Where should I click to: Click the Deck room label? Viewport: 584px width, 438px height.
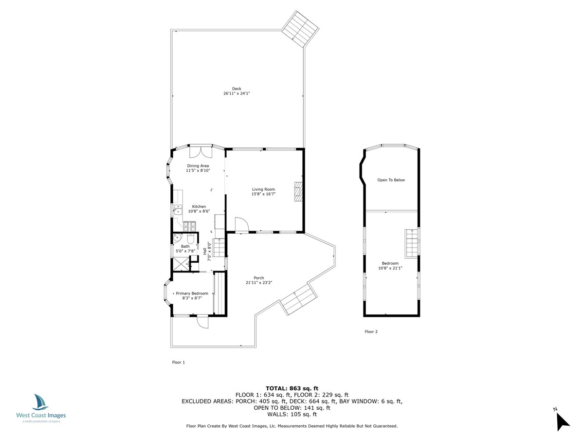pyautogui.click(x=237, y=89)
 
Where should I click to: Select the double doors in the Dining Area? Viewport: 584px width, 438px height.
pyautogui.click(x=201, y=151)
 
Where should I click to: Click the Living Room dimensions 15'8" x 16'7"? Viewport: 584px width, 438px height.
pyautogui.click(x=263, y=194)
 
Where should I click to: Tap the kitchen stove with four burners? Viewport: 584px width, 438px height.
pyautogui.click(x=189, y=226)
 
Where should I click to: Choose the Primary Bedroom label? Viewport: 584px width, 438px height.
pyautogui.click(x=192, y=293)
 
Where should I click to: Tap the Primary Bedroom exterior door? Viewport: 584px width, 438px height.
pyautogui.click(x=202, y=322)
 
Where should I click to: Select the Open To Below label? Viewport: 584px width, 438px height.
pyautogui.click(x=391, y=180)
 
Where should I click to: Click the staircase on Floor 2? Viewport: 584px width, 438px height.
pyautogui.click(x=412, y=242)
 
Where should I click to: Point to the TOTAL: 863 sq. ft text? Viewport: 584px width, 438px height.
pyautogui.click(x=292, y=388)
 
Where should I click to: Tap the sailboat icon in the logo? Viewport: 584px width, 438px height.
pyautogui.click(x=40, y=402)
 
